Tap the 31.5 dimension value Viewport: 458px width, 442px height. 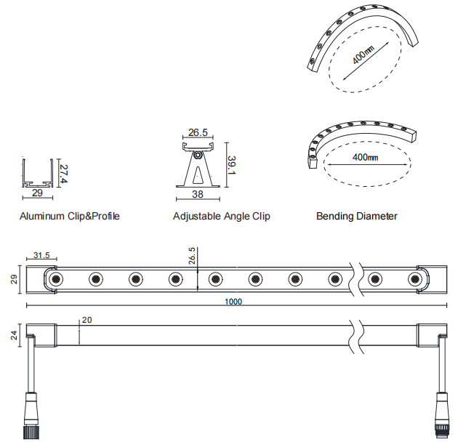41,255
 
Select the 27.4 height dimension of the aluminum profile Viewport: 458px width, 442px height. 64,172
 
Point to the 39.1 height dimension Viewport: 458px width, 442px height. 230,165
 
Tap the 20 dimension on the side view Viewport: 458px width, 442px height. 87,320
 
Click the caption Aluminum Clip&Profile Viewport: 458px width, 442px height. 70,216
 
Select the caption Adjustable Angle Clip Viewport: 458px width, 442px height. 221,216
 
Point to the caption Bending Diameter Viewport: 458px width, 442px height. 357,216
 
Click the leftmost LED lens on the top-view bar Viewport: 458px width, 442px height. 55,278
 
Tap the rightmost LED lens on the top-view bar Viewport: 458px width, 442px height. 415,278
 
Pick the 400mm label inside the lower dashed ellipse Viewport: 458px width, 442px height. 365,158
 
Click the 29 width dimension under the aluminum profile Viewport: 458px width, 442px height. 37,194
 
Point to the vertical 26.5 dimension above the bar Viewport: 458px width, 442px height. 192,257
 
